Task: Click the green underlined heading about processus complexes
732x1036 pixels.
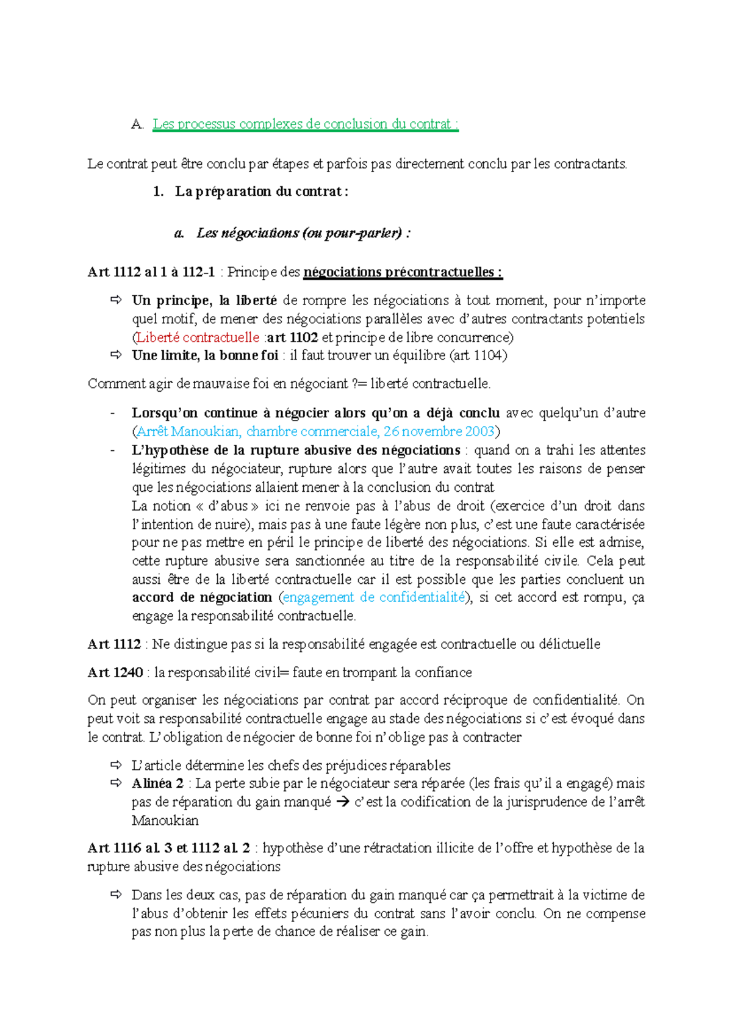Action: [x=305, y=124]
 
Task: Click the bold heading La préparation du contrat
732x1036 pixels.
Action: [x=261, y=192]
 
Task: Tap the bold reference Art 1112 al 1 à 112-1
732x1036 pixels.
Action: [x=151, y=272]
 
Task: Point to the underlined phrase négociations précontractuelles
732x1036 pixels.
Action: [x=403, y=272]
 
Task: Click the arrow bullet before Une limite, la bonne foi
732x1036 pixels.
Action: [x=116, y=355]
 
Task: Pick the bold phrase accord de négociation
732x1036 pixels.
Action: [x=202, y=597]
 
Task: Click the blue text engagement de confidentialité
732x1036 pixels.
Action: [x=374, y=597]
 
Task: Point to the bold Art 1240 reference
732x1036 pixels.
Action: [x=115, y=672]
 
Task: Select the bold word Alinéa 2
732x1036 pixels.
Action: [x=157, y=783]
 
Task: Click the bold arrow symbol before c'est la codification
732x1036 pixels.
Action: [x=343, y=802]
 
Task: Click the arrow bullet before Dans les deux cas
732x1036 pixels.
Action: [x=116, y=895]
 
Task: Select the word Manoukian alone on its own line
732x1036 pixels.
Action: [x=165, y=821]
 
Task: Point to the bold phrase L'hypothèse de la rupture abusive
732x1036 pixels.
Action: [x=296, y=450]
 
